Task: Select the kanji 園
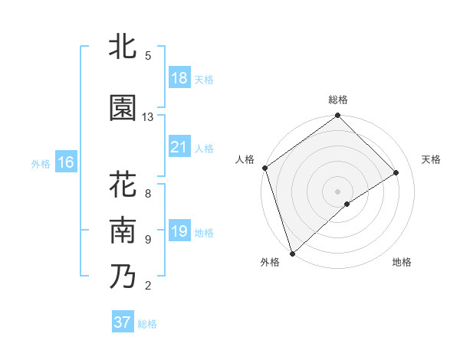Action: (123, 108)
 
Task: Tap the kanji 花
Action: (123, 186)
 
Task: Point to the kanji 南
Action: (123, 231)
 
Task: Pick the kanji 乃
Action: (123, 277)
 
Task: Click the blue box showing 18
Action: (179, 78)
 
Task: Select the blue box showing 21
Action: (179, 147)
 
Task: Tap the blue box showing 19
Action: (179, 231)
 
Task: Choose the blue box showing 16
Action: (66, 162)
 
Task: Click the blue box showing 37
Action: (123, 322)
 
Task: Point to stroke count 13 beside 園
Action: (148, 116)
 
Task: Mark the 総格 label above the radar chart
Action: (338, 100)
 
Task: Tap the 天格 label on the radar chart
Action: (432, 159)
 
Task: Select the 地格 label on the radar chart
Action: (402, 262)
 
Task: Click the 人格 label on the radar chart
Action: (245, 159)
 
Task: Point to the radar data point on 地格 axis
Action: (347, 203)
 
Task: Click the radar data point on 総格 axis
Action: (338, 116)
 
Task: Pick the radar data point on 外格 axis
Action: (291, 253)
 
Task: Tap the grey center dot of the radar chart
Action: (338, 190)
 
